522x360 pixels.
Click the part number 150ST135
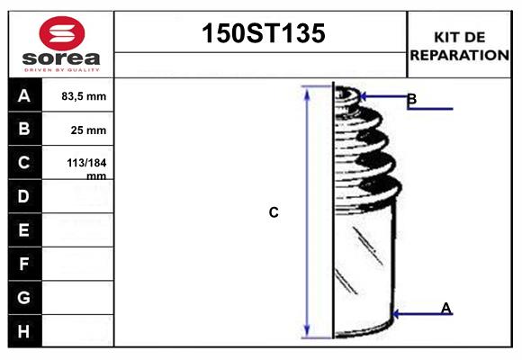[261, 34]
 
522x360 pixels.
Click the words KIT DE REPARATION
[459, 45]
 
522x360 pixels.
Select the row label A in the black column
[24, 95]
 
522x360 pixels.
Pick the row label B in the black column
[24, 129]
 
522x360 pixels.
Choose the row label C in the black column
[24, 163]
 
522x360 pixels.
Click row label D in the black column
[24, 196]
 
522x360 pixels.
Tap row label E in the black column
[24, 230]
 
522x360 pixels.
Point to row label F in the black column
[24, 264]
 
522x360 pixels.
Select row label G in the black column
[24, 297]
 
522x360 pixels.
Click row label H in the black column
[24, 331]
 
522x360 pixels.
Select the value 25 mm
[88, 130]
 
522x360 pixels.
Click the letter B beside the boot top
[411, 98]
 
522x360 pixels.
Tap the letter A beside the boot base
[445, 309]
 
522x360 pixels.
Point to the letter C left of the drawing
[274, 212]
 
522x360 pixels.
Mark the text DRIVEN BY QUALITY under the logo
[61, 68]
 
